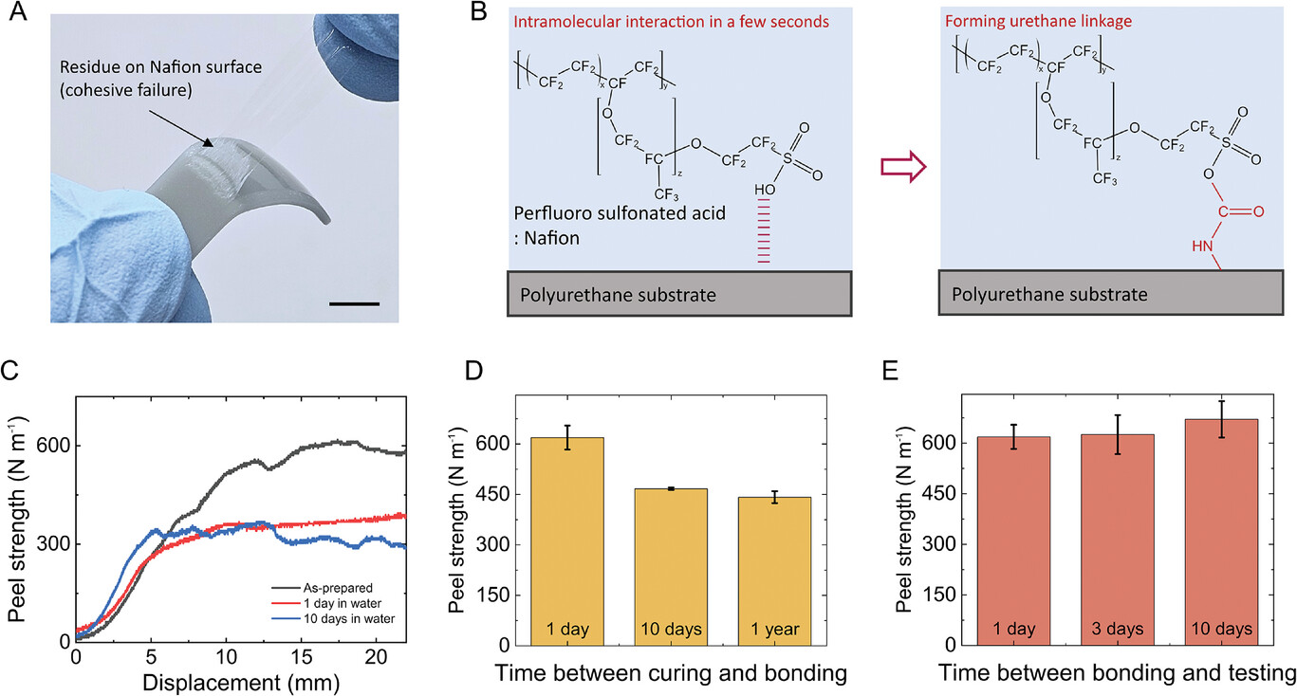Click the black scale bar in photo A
[x=355, y=304]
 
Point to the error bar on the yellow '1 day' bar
[x=568, y=437]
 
